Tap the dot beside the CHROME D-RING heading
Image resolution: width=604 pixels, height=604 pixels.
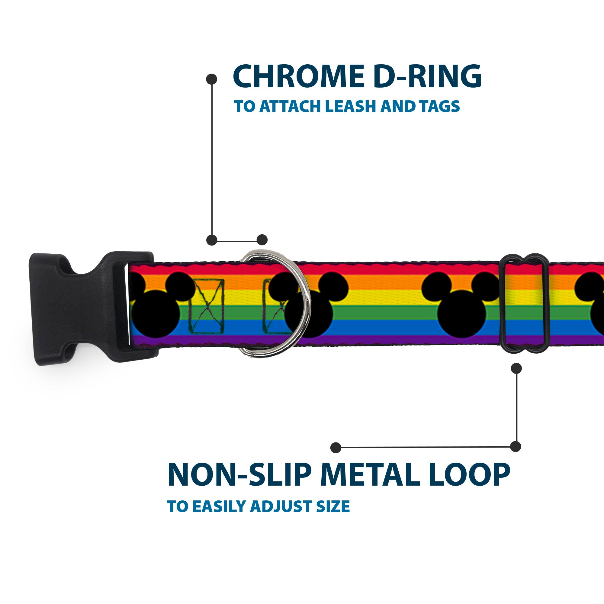pos(212,79)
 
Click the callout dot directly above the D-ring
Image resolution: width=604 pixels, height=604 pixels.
pos(262,240)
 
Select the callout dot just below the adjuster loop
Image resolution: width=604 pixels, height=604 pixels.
pos(516,368)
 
